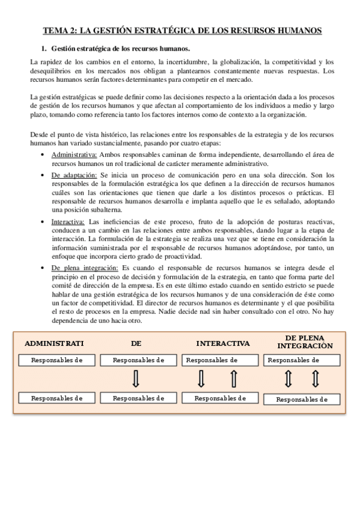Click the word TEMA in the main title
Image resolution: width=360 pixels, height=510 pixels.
click(55, 29)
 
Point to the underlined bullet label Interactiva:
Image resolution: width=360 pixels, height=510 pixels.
click(67, 222)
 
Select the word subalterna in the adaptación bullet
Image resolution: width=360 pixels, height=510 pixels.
click(105, 210)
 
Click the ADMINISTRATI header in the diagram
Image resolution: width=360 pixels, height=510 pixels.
click(54, 343)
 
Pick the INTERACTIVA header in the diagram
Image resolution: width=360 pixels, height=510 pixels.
click(222, 343)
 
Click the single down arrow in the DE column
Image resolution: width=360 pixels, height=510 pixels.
click(135, 379)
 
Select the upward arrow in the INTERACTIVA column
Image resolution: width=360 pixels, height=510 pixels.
click(234, 379)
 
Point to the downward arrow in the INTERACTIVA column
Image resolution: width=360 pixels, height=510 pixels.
click(201, 379)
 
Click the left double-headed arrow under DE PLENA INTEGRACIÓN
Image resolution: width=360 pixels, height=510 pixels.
click(288, 379)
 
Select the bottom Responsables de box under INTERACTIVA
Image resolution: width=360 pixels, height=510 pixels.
click(221, 398)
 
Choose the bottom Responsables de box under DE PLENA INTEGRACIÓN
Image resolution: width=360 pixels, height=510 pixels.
click(301, 399)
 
